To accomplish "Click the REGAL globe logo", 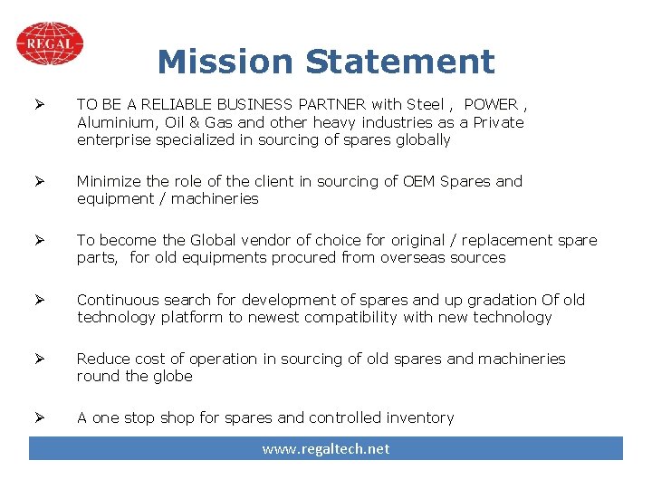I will pyautogui.click(x=50, y=43).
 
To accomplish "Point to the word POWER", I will pyautogui.click(x=490, y=104).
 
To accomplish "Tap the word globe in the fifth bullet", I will pyautogui.click(x=172, y=377).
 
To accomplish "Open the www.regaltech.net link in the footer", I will pyautogui.click(x=326, y=449).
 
